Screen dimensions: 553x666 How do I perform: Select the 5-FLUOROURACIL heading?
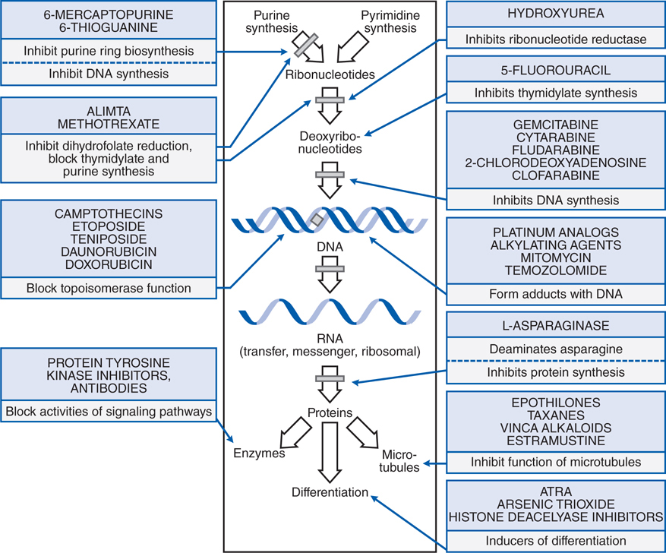[555, 71]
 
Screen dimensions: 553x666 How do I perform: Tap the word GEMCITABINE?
[555, 125]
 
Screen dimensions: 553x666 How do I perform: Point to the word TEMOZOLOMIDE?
[555, 270]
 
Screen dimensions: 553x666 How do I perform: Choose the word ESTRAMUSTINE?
[555, 441]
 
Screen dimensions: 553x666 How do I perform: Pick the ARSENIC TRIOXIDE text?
[555, 504]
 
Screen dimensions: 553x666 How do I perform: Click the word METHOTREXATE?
[112, 123]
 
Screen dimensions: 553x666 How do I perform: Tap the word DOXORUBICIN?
[112, 264]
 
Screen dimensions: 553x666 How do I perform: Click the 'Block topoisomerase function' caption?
[112, 289]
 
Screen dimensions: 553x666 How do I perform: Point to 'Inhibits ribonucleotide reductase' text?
[555, 39]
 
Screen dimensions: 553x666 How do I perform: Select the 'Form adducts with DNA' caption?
[555, 294]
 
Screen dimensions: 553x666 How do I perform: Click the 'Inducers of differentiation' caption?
[555, 540]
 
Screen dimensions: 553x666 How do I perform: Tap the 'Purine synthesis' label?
[277, 22]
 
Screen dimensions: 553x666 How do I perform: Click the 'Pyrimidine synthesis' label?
[390, 22]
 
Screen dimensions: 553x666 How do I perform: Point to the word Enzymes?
[259, 453]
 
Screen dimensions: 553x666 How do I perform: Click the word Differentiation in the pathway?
[330, 492]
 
